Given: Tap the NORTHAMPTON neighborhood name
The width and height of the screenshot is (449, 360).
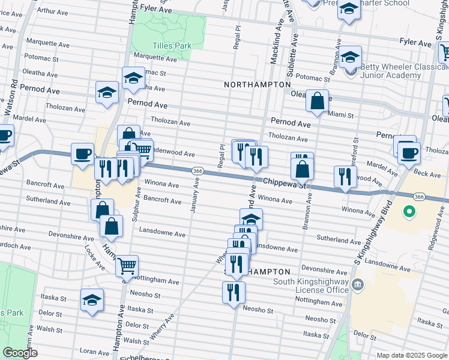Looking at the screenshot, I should [x=257, y=85].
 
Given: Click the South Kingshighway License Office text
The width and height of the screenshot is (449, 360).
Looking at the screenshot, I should [x=310, y=286].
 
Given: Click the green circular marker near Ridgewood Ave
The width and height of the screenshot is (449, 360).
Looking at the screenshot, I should [x=409, y=211].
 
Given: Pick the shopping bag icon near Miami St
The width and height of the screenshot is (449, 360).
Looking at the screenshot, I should [x=317, y=100].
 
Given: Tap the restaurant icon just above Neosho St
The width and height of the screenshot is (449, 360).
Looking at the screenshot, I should [x=232, y=292].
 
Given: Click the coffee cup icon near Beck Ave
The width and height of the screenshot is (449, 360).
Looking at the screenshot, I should [x=409, y=152].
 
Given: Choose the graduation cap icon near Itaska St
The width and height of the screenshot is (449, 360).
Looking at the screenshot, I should [x=92, y=299].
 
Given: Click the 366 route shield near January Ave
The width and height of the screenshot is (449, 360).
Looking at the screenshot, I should [x=196, y=172].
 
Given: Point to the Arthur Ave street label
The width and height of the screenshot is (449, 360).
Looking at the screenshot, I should [x=56, y=11].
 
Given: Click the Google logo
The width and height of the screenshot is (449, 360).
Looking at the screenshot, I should [x=20, y=353].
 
